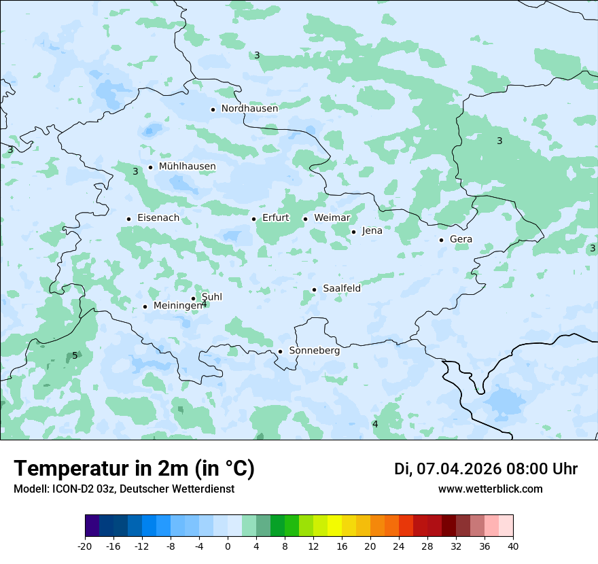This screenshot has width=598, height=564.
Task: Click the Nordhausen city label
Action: click(x=249, y=109)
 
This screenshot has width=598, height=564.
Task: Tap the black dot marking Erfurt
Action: click(x=253, y=219)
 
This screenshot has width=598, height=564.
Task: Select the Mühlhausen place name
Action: click(x=187, y=166)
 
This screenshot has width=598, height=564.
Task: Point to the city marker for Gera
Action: click(x=441, y=240)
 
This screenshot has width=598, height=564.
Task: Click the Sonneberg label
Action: click(x=314, y=351)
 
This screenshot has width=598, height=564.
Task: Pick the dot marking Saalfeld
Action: click(x=314, y=289)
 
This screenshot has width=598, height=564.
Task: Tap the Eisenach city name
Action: click(x=158, y=218)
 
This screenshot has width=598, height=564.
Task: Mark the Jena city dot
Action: click(x=353, y=232)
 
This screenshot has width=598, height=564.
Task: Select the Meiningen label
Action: click(x=177, y=306)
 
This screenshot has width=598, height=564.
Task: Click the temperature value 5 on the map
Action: click(x=75, y=355)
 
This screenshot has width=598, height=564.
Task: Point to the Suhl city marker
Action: click(x=193, y=298)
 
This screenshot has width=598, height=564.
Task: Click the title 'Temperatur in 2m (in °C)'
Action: click(x=134, y=468)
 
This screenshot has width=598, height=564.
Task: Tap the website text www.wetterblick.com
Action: click(x=490, y=489)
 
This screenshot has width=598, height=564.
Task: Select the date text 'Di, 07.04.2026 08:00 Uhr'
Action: click(x=486, y=469)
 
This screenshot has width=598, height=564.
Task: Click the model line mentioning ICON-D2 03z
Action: click(x=124, y=489)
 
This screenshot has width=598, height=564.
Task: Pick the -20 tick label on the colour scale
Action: click(x=85, y=546)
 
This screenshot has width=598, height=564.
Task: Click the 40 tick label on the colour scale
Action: click(x=512, y=546)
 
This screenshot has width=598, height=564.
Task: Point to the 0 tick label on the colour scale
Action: click(x=228, y=546)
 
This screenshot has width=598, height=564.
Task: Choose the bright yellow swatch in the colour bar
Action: click(x=335, y=526)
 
